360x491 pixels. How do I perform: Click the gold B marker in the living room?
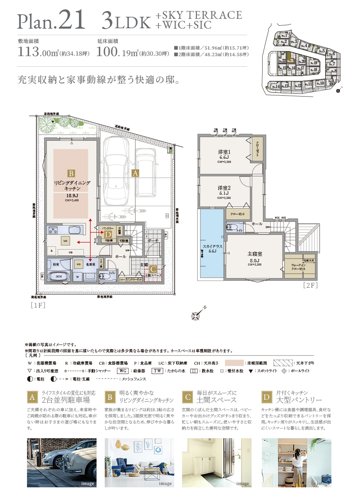[71, 173]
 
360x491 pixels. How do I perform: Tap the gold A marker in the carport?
[135, 173]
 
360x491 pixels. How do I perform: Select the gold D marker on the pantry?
[108, 234]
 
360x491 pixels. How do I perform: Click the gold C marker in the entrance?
[153, 269]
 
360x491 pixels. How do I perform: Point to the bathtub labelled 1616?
[60, 276]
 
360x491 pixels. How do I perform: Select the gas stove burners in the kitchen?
[53, 230]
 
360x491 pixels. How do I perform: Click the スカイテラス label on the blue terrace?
[212, 247]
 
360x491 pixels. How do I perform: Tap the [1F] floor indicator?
[37, 305]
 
